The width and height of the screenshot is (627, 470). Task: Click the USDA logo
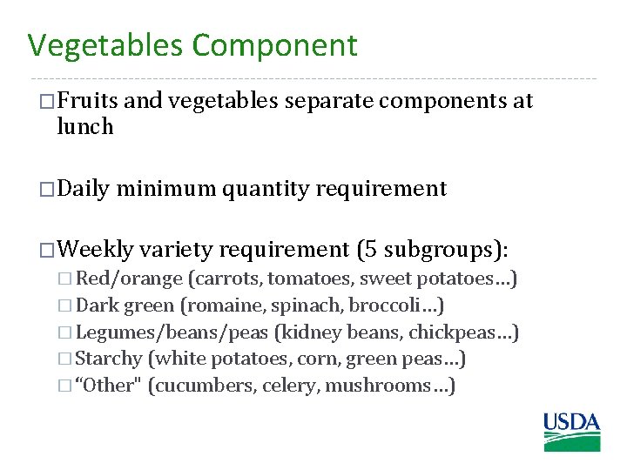572,432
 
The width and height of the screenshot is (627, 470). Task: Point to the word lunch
84,127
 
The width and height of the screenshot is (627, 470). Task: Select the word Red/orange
130,279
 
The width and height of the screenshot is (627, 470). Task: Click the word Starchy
109,359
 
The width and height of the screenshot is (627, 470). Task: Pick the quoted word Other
110,386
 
